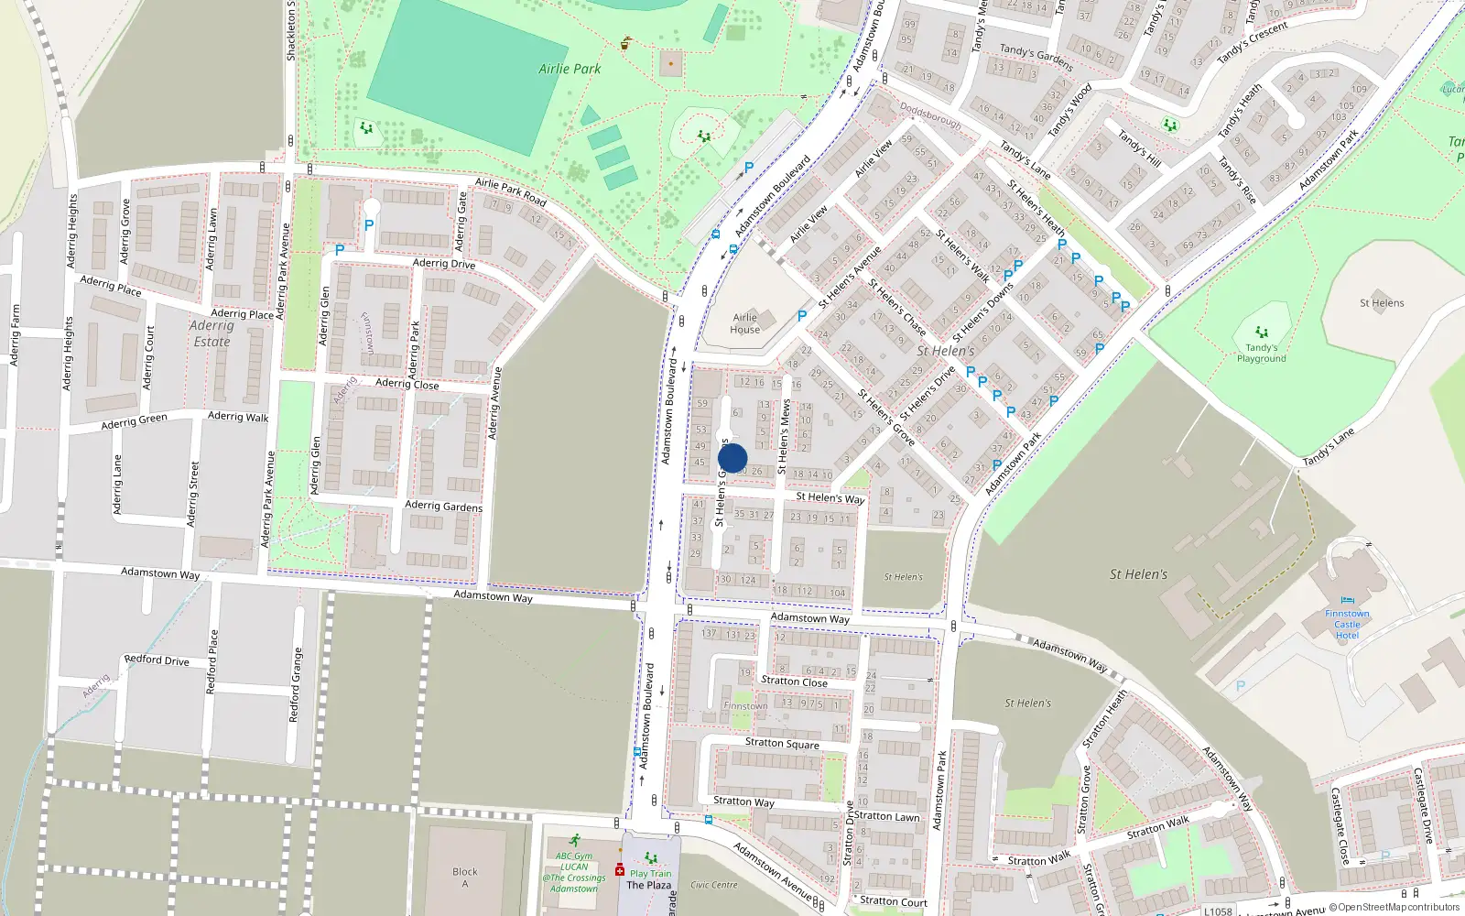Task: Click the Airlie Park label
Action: coord(570,69)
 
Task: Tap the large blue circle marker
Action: coord(732,458)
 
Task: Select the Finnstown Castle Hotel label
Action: coord(1347,625)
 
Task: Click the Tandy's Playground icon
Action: coord(1262,333)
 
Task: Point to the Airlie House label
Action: coord(745,323)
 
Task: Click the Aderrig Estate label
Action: coord(212,333)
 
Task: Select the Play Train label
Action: coord(650,873)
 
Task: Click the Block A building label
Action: coord(464,877)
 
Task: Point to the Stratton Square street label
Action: coord(782,743)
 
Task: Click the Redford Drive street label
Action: coord(157,660)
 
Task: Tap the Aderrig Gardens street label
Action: coord(443,506)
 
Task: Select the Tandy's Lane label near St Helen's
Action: coord(1329,448)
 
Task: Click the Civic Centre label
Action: coord(713,885)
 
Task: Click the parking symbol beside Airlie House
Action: coord(802,315)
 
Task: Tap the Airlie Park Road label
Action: coord(510,191)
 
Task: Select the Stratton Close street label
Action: coord(794,682)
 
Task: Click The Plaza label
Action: coord(648,885)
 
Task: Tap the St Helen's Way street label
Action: coord(830,497)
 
